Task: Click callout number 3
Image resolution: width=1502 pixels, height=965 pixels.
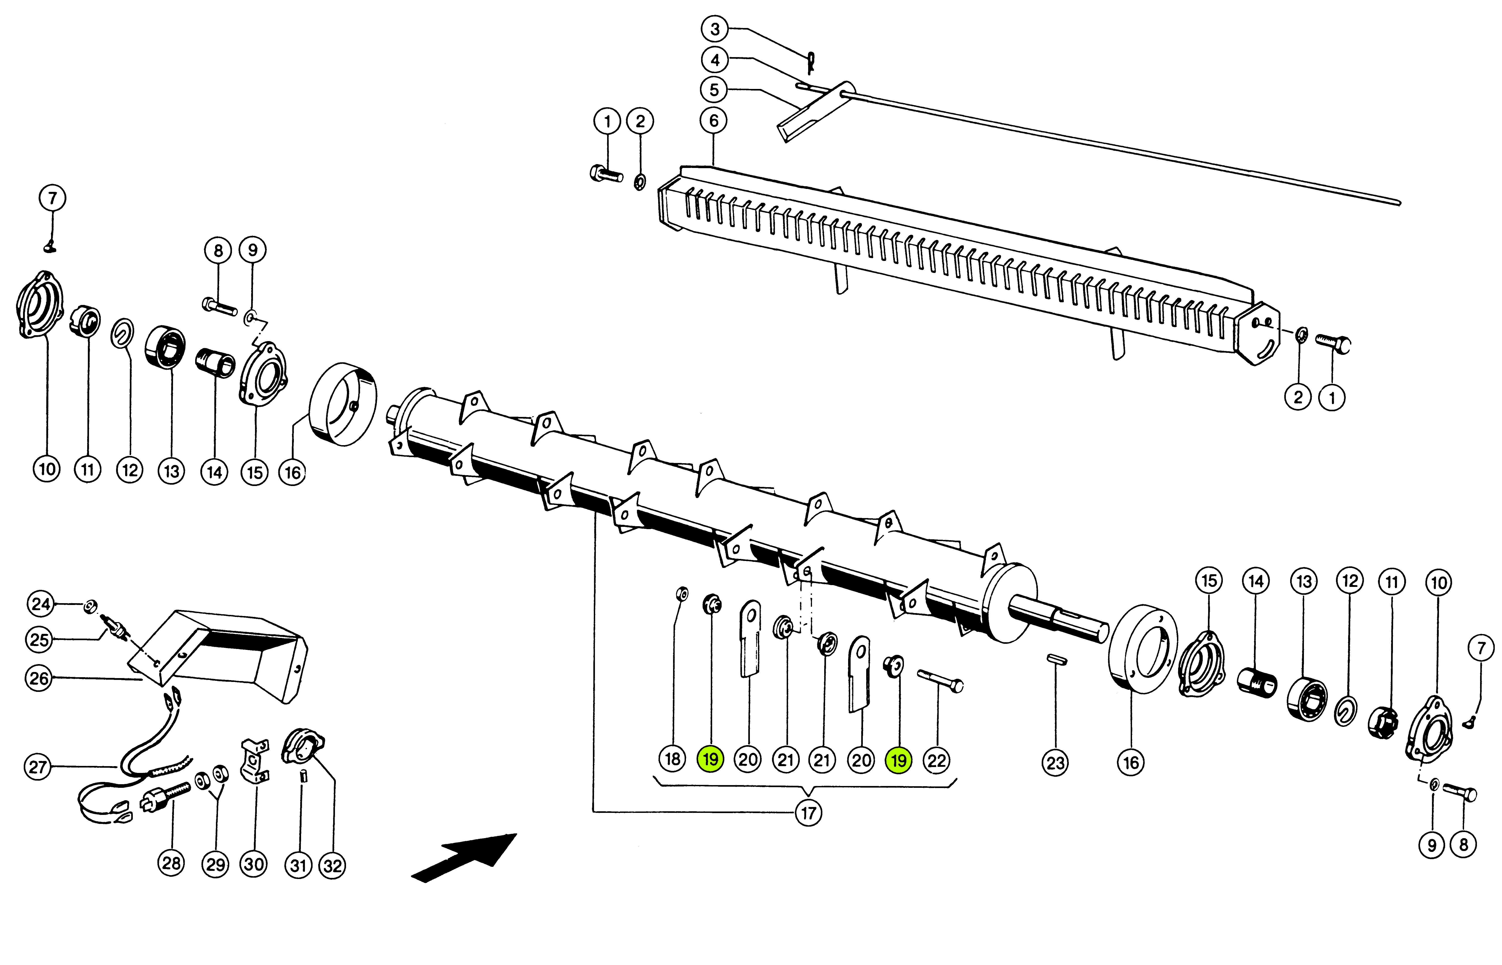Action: pos(715,29)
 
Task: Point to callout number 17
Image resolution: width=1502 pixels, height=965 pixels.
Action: pos(808,813)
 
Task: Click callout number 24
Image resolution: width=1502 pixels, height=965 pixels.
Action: pos(41,604)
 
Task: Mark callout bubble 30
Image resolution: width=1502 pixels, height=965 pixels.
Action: pos(254,865)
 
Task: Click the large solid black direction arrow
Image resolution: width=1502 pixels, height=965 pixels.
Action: pos(464,857)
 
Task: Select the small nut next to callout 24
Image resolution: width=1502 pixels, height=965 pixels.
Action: pos(90,605)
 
